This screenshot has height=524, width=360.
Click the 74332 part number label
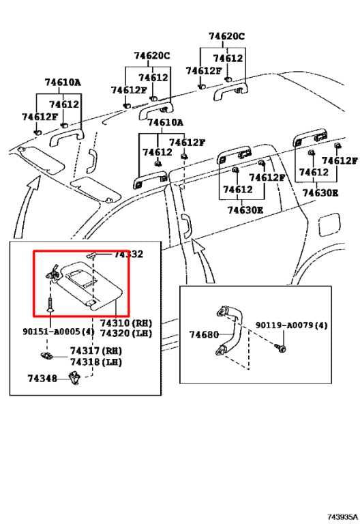pos(128,254)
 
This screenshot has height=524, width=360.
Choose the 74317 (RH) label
pos(94,351)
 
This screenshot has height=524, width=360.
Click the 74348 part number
pos(42,378)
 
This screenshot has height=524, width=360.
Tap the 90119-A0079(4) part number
pos(292,325)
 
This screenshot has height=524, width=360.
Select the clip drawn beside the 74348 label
pos(76,377)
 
